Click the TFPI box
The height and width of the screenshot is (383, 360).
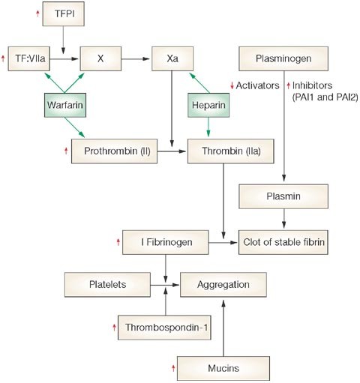63,13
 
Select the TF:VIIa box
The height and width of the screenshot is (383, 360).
29,58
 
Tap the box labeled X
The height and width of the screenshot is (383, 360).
100,58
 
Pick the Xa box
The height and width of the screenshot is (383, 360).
172,58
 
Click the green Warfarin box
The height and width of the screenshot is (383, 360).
65,105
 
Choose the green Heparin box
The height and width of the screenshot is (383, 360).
208,105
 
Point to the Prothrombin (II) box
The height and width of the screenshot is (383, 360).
114,151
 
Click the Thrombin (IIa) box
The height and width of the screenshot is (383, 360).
231,151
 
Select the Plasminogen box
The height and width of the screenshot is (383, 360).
283,58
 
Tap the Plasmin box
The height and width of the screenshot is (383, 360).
283,196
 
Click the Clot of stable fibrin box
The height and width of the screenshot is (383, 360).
283,242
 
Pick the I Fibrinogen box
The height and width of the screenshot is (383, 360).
165,242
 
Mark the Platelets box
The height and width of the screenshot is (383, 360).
107,285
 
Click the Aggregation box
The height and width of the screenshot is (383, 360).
223,285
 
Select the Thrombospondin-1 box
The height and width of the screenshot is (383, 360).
164,328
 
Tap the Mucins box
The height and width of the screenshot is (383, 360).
223,368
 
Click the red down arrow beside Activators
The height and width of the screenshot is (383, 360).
232,85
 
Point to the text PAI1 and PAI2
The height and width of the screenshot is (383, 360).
325,97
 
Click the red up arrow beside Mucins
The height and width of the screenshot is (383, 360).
173,368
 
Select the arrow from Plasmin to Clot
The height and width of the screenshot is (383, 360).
283,219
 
